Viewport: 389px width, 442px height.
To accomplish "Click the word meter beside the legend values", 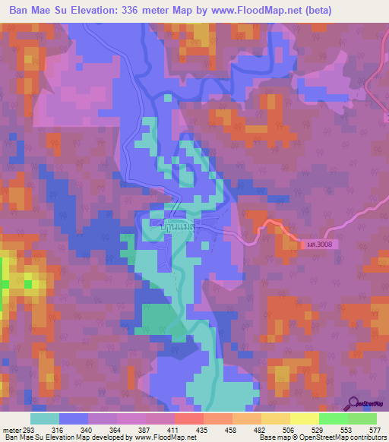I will pyautogui.click(x=11, y=429).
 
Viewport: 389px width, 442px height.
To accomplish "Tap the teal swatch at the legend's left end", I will pyautogui.click(x=45, y=418).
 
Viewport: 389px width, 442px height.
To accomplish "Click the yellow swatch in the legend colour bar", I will pyautogui.click(x=304, y=418).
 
